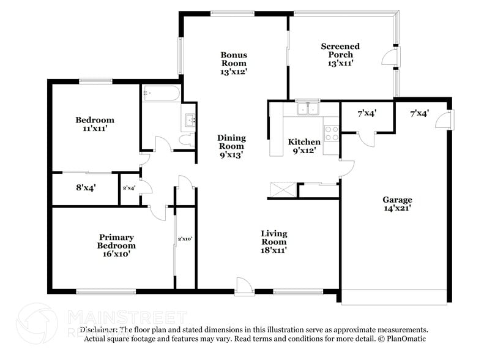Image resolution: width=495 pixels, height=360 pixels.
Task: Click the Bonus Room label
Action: (234, 63)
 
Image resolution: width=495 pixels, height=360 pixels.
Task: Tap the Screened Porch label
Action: (340, 54)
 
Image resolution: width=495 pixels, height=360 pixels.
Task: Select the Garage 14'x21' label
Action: (397, 204)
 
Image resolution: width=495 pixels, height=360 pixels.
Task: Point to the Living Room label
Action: (274, 241)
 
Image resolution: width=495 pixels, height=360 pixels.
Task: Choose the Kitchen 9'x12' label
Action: (304, 146)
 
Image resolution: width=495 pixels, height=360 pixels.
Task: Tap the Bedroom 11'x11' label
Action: (94, 124)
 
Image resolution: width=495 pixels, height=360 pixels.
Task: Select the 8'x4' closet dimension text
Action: (86, 188)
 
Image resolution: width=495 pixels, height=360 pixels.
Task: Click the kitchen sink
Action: (307, 109)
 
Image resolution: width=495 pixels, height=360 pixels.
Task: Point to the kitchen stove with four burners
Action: (331, 133)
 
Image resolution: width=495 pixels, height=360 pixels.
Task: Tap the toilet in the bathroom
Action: (187, 140)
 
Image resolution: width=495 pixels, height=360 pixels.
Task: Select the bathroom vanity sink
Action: (189, 120)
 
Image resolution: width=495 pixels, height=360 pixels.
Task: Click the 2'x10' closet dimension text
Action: (185, 239)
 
